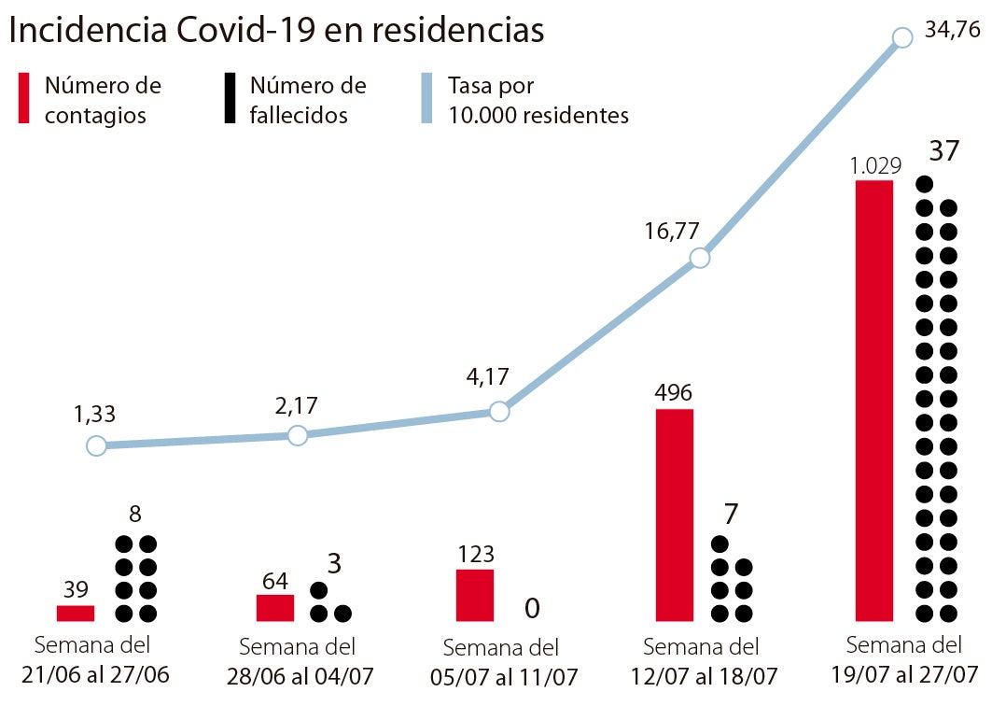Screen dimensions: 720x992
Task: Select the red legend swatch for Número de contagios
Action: coord(27,99)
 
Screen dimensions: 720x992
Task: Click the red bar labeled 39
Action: coord(76,613)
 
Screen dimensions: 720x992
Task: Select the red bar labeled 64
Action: coord(275,607)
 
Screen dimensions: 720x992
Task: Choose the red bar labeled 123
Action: coord(474,595)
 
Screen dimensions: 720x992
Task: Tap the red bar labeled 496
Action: coord(675,515)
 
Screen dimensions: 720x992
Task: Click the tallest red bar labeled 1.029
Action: coord(874,401)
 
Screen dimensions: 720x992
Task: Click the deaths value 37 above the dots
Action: coord(943,151)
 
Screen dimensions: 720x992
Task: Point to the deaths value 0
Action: coord(532,609)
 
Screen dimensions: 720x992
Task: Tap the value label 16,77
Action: coord(671,232)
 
